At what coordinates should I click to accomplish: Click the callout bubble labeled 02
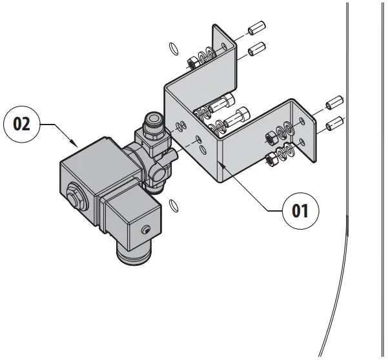(22, 124)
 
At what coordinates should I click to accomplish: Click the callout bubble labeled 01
(300, 210)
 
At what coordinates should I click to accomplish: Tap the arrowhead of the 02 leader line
(77, 145)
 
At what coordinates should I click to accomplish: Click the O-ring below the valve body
(173, 205)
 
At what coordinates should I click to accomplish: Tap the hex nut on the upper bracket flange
(192, 63)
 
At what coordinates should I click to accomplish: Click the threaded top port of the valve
(154, 119)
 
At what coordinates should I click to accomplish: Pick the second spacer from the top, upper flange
(258, 47)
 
